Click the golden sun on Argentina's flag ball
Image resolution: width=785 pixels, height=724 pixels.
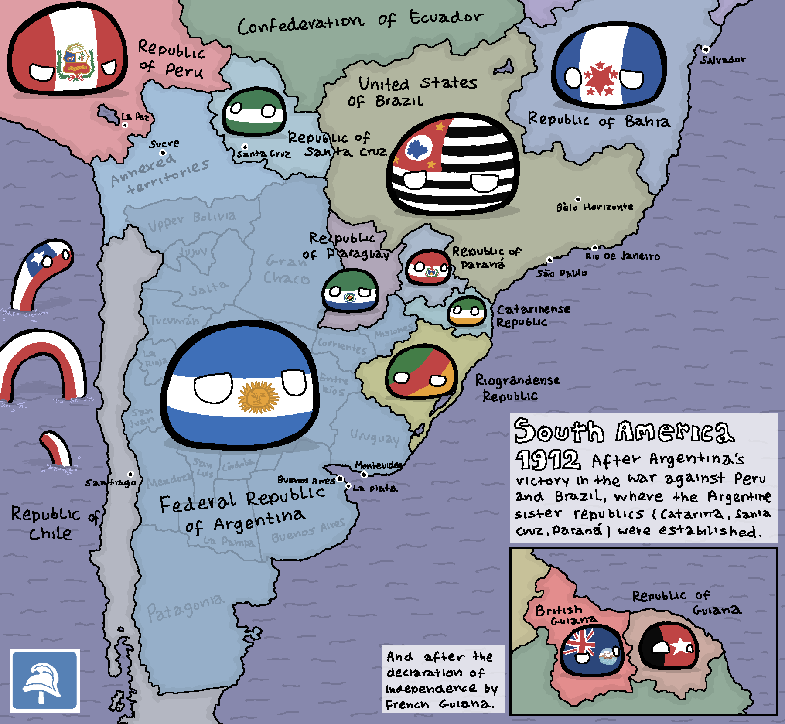click(x=258, y=397)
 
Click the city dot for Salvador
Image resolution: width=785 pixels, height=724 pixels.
click(x=706, y=50)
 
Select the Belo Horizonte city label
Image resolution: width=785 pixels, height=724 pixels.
click(x=595, y=207)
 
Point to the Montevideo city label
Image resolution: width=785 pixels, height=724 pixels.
click(x=378, y=465)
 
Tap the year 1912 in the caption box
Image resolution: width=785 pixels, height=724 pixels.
click(x=548, y=459)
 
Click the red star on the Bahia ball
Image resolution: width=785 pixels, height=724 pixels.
click(x=600, y=78)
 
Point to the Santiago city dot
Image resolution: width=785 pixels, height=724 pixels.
click(x=130, y=475)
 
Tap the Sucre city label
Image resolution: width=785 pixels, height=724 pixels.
click(x=164, y=143)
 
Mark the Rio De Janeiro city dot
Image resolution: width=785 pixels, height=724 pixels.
click(x=594, y=248)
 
